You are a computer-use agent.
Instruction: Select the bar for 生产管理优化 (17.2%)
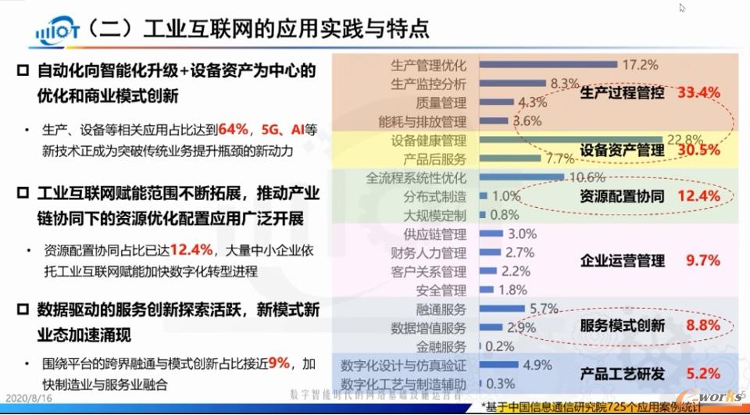546,65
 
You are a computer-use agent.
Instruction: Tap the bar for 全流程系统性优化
516,177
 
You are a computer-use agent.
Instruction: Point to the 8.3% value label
564,83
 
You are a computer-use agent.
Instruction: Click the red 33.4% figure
698,92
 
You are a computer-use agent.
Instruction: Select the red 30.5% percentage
698,149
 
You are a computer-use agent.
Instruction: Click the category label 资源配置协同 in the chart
623,196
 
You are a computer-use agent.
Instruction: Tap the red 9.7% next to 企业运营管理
703,260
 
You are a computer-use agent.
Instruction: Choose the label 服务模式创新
623,325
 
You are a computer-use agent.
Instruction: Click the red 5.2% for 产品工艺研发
703,373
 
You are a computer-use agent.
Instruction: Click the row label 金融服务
441,346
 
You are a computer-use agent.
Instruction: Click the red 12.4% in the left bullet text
191,250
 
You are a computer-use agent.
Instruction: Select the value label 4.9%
538,365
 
